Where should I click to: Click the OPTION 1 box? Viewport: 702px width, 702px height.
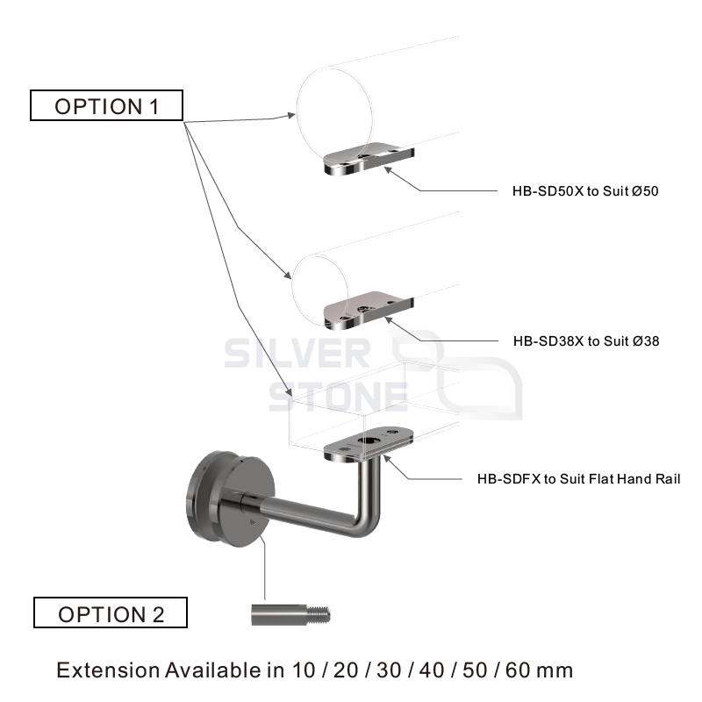[x=106, y=105]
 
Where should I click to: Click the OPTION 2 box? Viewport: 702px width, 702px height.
[x=111, y=612]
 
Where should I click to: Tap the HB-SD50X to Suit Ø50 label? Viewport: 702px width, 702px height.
[x=585, y=191]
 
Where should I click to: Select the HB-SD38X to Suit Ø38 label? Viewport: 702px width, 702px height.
[x=586, y=341]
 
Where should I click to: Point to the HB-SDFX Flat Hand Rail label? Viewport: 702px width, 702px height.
[x=578, y=479]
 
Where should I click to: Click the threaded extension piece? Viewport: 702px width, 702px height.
[x=290, y=615]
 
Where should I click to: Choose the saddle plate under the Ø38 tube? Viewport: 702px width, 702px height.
[x=369, y=310]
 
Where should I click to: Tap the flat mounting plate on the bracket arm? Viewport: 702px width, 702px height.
[x=369, y=444]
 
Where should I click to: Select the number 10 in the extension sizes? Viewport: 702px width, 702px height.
[x=304, y=670]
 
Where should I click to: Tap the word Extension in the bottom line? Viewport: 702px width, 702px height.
[x=108, y=670]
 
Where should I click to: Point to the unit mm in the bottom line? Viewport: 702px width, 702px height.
[x=555, y=671]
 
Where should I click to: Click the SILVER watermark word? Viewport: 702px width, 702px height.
[x=297, y=354]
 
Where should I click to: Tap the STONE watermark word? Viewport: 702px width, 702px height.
[x=338, y=397]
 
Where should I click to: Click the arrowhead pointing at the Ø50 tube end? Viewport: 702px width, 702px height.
[x=291, y=115]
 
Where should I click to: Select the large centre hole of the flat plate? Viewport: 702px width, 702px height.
[x=368, y=441]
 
